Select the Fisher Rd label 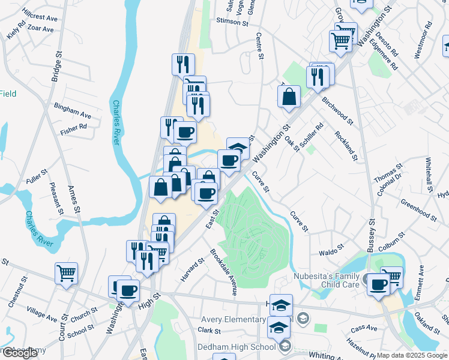(73, 128)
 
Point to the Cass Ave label (364, 328)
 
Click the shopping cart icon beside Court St (66, 274)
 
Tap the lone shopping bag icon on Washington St (289, 97)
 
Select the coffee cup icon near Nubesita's (379, 284)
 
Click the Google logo (20, 352)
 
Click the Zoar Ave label (41, 28)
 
